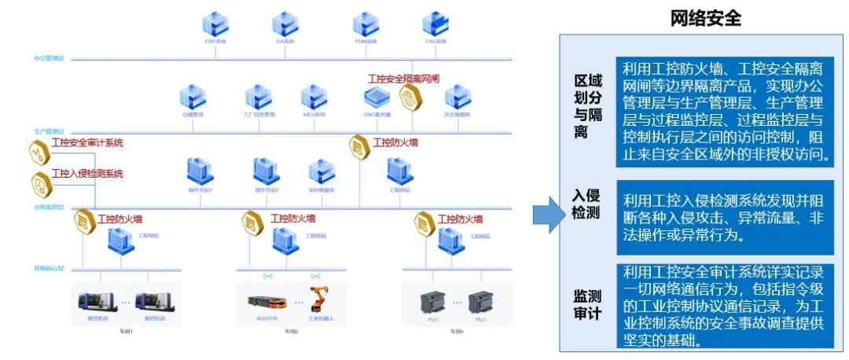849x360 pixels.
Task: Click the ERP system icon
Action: (x=215, y=23)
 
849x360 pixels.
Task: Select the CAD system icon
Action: (x=434, y=23)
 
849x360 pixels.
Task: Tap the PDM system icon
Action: (x=366, y=23)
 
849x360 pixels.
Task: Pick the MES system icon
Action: (x=314, y=97)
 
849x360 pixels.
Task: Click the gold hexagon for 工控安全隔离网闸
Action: (x=410, y=97)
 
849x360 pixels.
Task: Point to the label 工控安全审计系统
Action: (x=86, y=143)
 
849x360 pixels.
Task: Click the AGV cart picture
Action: (x=266, y=300)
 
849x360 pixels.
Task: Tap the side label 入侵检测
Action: (x=587, y=204)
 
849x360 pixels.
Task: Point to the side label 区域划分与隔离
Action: (x=587, y=107)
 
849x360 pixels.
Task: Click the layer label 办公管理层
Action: (x=49, y=58)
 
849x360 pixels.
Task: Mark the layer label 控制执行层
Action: (x=49, y=267)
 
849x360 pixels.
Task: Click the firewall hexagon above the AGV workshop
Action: (x=252, y=222)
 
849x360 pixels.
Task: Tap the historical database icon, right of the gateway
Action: (x=458, y=97)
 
